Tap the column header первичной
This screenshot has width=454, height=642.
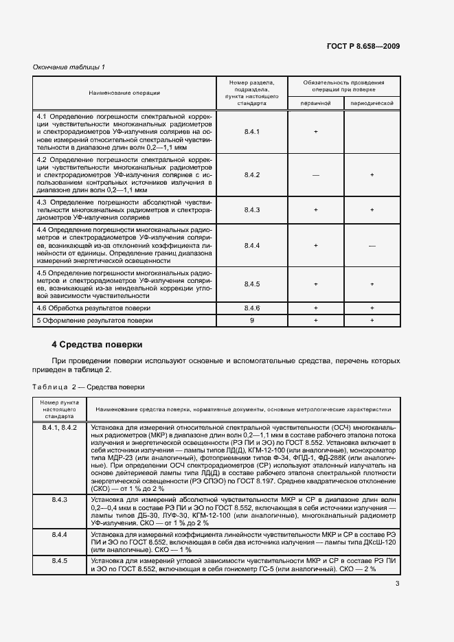click(x=316, y=102)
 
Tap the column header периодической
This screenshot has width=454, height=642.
click(x=371, y=102)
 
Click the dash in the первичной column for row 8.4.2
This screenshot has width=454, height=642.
click(x=316, y=175)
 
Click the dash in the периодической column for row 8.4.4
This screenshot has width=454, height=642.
click(x=372, y=245)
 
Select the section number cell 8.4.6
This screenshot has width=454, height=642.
click(x=252, y=308)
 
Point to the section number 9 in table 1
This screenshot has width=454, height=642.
click(x=252, y=320)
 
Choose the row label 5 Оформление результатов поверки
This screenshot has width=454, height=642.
click(x=95, y=320)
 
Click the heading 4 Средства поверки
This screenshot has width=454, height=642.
click(x=92, y=344)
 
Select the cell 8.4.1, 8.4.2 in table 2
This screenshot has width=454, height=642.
click(x=58, y=428)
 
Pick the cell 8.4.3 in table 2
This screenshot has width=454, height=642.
click(x=58, y=500)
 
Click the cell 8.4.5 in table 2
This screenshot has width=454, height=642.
click(x=58, y=561)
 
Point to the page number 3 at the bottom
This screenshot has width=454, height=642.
click(x=397, y=584)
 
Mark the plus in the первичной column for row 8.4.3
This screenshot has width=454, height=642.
click(x=316, y=210)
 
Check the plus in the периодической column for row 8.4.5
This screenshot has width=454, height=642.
click(x=372, y=284)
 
